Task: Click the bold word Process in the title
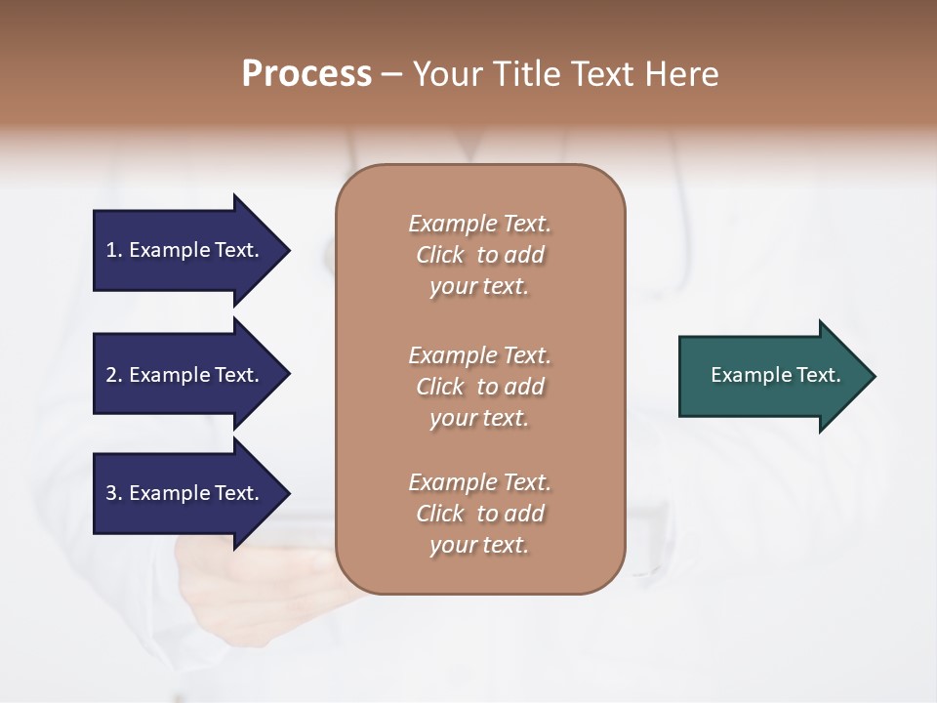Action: (306, 74)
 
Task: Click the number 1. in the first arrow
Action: (114, 250)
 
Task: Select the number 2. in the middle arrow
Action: (114, 375)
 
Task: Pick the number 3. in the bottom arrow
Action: (114, 493)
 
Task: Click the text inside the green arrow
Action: (775, 375)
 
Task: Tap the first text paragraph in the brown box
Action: (479, 255)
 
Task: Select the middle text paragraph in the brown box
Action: (479, 386)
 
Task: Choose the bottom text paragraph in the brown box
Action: (479, 514)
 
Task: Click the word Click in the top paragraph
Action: (440, 256)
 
